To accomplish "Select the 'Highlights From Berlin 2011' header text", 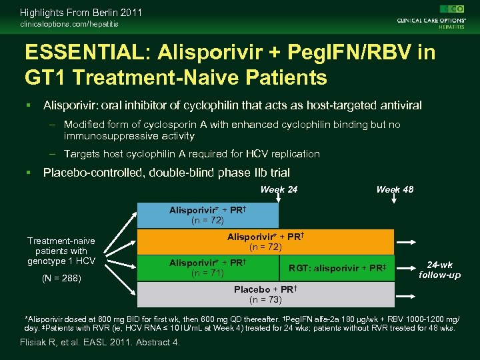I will coord(81,12).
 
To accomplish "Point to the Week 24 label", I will coord(279,189).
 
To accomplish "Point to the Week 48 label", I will coord(395,189).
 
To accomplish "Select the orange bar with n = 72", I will coord(265,241).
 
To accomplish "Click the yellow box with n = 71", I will coord(207,268).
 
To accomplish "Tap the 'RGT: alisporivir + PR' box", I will coord(337,268).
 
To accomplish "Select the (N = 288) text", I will coord(61,278).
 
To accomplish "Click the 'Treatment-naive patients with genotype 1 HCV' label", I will coord(61,251).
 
